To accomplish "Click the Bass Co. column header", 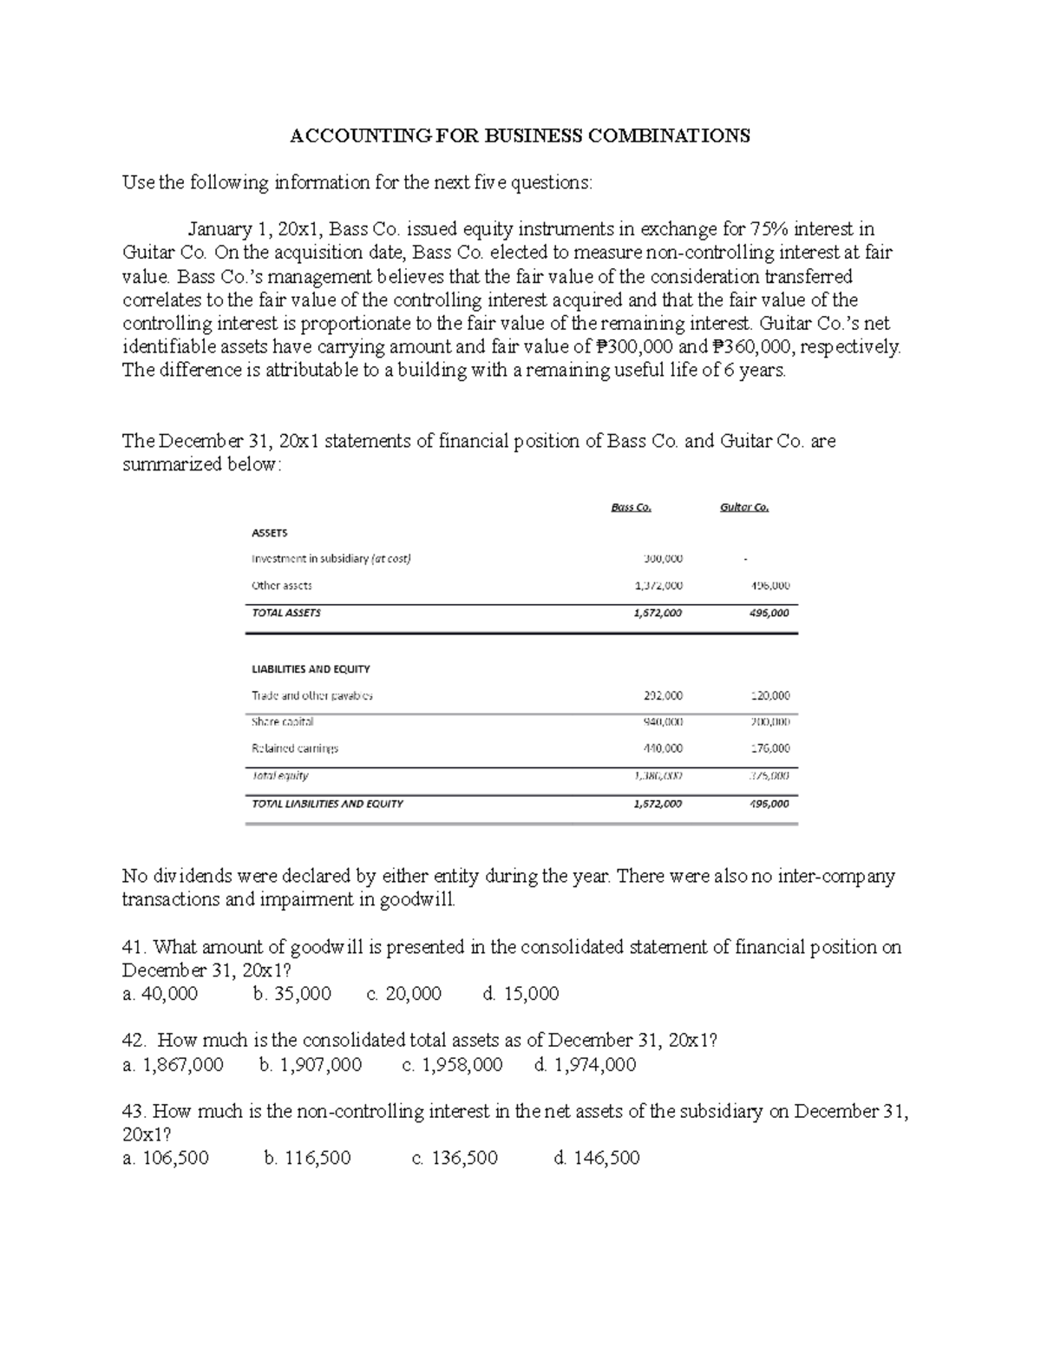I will point(631,508).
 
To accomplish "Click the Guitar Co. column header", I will point(743,508).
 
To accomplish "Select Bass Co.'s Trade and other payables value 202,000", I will point(663,695).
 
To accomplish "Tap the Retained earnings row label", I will point(294,748).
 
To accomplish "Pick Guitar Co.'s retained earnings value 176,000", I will point(769,748).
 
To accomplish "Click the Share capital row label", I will point(282,721).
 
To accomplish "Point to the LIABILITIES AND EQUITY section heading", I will point(311,669).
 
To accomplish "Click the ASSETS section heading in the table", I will point(269,533).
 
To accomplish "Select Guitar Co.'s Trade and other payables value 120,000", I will point(769,695).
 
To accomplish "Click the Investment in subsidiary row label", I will point(331,559).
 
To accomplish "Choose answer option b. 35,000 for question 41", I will point(291,994).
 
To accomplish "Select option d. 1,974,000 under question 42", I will point(586,1065).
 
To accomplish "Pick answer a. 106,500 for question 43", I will point(166,1158).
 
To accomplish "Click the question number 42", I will point(135,1041).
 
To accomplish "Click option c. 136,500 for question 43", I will point(455,1158).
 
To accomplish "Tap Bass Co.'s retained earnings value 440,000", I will point(663,748).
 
